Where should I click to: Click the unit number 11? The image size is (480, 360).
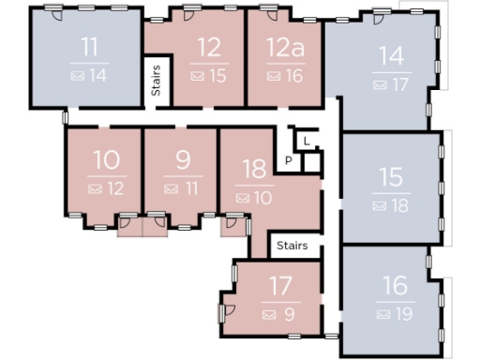coord(89,48)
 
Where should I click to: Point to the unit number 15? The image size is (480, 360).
coord(392,176)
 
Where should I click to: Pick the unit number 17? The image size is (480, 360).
coord(280,285)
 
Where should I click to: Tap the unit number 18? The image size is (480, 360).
coord(254,169)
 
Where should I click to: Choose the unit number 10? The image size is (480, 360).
coord(106,159)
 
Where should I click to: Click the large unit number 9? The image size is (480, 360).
coord(183,159)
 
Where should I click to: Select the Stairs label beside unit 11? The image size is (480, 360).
coord(157,80)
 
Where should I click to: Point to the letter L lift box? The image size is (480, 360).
coord(307,141)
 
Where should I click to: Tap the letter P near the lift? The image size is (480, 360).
coord(289,161)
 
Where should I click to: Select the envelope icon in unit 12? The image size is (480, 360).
coord(197,76)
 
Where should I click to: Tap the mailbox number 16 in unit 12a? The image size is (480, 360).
coord(294,76)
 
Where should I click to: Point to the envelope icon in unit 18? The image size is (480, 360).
coord(242,198)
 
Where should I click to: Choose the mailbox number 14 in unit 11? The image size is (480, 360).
coord(98,76)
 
